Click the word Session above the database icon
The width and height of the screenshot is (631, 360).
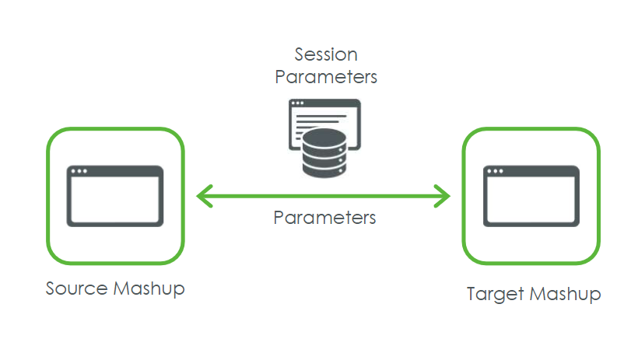click(326, 54)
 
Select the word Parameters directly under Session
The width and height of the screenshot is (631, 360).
click(326, 77)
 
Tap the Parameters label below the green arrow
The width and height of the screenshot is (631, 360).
click(324, 217)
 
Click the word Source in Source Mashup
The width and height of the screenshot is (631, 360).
click(76, 288)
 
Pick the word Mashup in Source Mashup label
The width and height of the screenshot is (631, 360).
click(149, 289)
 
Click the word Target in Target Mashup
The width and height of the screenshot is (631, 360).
click(495, 295)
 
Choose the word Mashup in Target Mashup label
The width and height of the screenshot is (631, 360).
click(565, 295)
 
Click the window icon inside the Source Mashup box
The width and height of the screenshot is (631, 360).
click(114, 196)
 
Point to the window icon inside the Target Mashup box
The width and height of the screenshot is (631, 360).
click(531, 196)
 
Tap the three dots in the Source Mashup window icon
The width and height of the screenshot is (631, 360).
click(79, 172)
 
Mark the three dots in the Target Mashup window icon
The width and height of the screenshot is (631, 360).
click(496, 172)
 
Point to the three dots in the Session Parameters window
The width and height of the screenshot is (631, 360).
click(297, 104)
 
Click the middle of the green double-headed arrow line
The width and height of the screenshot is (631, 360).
click(324, 196)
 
